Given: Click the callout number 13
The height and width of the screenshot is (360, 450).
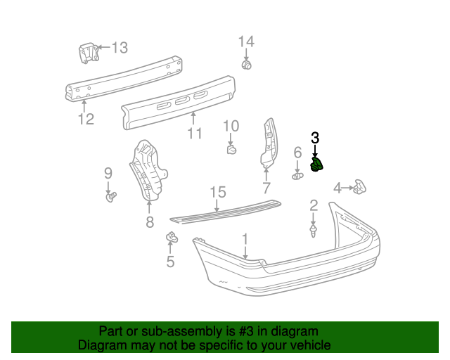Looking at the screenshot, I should click(120, 48).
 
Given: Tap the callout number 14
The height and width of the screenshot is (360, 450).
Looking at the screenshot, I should click(245, 41).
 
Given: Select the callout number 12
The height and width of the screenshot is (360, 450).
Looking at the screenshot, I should click(86, 119).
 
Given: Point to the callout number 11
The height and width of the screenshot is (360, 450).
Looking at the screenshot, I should click(195, 134).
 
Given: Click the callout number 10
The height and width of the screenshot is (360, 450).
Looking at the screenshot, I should click(231, 127).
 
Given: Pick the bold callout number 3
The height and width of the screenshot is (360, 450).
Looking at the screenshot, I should click(315, 138).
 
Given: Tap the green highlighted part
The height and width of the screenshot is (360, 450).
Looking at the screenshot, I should click(317, 165).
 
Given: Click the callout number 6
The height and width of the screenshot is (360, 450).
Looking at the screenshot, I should click(297, 153).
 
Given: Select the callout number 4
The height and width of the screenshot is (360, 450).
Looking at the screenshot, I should click(337, 188).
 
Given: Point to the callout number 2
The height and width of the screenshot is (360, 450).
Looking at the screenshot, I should click(314, 206).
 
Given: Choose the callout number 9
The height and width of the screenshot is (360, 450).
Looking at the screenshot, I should click(108, 173).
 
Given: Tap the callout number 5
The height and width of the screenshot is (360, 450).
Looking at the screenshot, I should click(170, 262).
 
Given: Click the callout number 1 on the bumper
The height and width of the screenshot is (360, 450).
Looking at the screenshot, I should click(245, 240).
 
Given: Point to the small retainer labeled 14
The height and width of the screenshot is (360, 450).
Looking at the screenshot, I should click(246, 65).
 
